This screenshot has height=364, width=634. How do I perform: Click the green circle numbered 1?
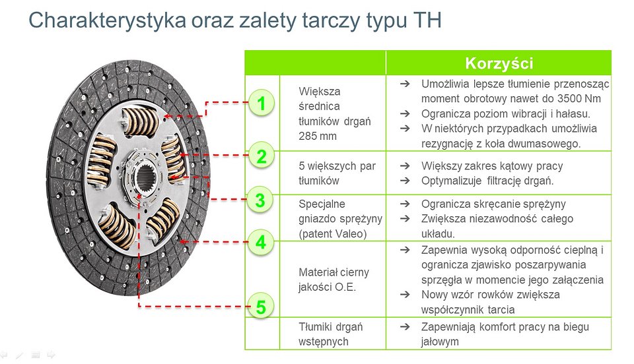[262, 103]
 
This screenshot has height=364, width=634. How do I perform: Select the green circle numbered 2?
[262, 156]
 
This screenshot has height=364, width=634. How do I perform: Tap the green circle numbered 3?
[260, 200]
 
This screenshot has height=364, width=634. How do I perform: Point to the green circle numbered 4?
[261, 243]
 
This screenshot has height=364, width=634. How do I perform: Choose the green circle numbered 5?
[261, 307]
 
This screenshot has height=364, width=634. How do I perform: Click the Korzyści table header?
[499, 63]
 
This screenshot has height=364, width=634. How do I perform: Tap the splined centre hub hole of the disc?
[145, 178]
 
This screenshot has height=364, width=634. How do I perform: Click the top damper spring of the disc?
[141, 121]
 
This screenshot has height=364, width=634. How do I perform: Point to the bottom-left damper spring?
[118, 226]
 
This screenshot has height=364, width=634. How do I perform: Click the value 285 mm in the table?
[318, 136]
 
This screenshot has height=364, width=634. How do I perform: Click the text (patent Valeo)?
[332, 233]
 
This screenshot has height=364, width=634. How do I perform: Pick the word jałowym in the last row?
[440, 342]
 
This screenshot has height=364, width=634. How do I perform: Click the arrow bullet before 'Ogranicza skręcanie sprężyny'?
[405, 204]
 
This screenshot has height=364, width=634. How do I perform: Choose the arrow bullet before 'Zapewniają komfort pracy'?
[405, 327]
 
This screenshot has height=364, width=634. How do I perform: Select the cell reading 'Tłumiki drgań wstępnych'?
[331, 334]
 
